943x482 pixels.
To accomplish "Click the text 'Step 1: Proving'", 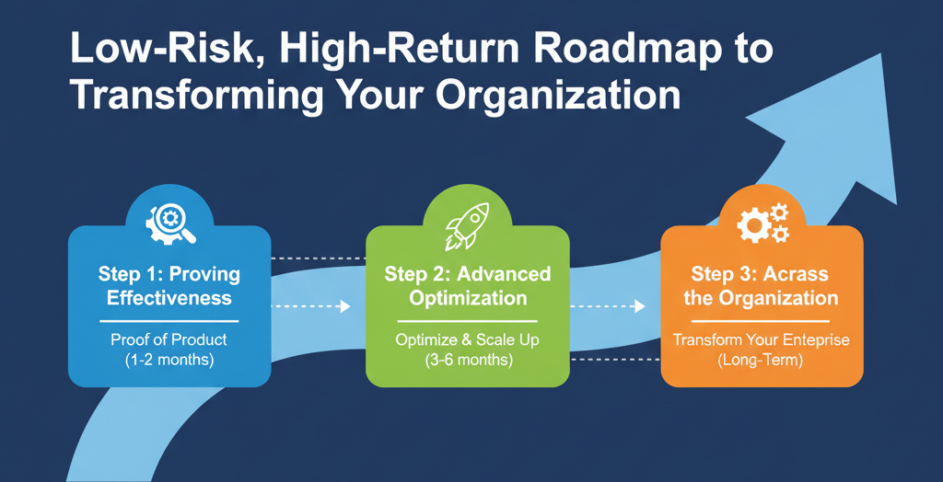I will click(169, 274).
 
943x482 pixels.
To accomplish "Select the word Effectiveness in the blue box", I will click(169, 298).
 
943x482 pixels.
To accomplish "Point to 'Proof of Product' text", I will click(169, 339).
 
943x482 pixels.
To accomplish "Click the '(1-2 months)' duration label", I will click(169, 360).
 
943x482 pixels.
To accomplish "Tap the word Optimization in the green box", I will click(468, 298).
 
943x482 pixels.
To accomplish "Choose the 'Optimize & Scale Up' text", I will click(468, 339).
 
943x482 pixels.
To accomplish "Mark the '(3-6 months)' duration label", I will click(468, 360).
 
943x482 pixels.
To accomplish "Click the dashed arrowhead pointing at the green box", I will click(345, 306).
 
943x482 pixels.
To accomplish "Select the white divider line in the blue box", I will click(169, 320).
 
